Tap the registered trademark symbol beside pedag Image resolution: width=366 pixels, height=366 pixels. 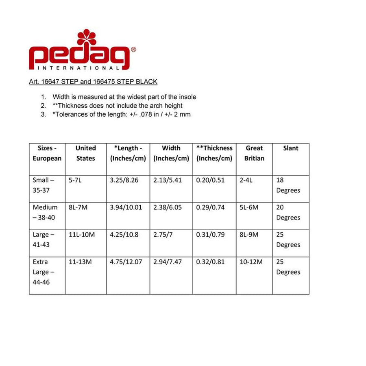click(x=133, y=50)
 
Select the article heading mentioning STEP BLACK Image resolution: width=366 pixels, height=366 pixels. click(x=93, y=82)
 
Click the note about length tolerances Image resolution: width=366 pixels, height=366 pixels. click(x=122, y=114)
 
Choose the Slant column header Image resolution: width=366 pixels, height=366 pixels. click(x=290, y=148)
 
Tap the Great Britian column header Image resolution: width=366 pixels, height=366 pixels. click(x=254, y=153)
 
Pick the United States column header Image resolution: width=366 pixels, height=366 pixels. click(x=85, y=153)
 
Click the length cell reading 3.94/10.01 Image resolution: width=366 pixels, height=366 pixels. click(x=126, y=207)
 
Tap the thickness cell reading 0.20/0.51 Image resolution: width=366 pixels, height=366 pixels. click(x=210, y=180)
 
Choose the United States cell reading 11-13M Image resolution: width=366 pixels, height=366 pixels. click(x=80, y=262)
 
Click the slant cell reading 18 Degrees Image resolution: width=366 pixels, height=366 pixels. click(x=288, y=185)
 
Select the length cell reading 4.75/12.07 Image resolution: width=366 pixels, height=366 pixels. click(x=126, y=262)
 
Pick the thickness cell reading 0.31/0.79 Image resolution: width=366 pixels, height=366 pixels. click(x=210, y=235)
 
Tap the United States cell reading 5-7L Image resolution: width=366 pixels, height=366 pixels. click(x=75, y=180)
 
